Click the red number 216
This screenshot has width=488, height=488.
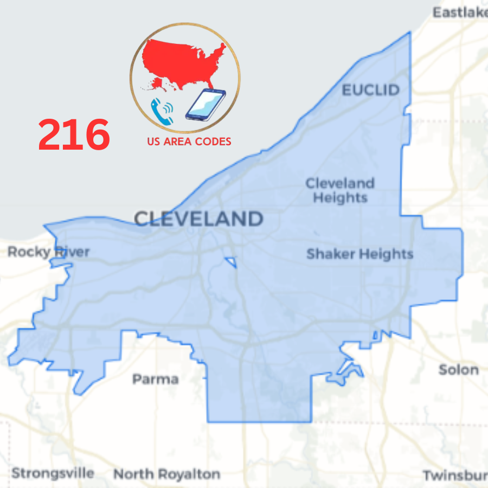pos(74,135)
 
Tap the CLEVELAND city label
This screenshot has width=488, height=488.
pos(198,219)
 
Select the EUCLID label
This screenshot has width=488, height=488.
pos(371,90)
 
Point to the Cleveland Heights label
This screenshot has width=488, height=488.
pos(340,190)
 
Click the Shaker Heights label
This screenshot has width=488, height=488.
pos(359,254)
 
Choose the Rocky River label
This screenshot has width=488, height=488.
pos(49,252)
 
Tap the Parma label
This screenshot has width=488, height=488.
pos(155,378)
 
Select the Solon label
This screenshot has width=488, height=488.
pos(458,370)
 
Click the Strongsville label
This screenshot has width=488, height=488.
pos(53,473)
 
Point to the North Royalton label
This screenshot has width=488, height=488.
pos(166,474)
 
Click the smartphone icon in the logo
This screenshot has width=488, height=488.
pos(205,105)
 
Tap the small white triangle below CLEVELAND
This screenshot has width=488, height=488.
pos(232,262)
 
